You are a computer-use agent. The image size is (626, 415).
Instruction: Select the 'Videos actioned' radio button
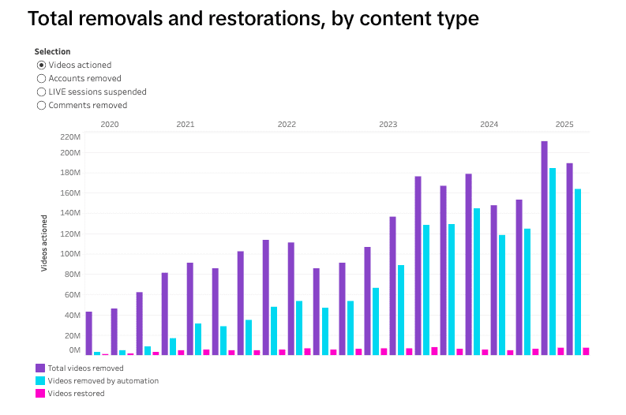[x=42, y=65]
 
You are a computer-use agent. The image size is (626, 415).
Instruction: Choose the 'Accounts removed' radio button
[x=42, y=79]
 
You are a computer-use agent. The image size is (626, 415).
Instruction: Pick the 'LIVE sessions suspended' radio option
[x=42, y=92]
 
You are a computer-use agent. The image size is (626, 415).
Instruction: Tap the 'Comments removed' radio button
[x=42, y=105]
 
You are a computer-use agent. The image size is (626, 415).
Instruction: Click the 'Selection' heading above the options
[x=52, y=52]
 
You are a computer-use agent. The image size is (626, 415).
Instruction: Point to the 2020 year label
[x=110, y=125]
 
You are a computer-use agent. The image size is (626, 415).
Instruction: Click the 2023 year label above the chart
[x=388, y=125]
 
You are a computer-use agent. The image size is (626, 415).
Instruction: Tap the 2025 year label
[x=564, y=125]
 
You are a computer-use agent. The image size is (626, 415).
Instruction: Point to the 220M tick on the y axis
[x=70, y=136]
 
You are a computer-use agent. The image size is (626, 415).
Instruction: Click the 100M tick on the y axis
[x=70, y=254]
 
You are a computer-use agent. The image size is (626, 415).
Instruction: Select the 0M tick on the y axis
[x=74, y=350]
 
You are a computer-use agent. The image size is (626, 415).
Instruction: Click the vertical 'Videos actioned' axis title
[x=45, y=243]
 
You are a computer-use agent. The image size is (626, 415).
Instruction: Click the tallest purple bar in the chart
[x=544, y=248]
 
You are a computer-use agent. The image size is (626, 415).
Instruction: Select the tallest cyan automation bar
[x=553, y=261]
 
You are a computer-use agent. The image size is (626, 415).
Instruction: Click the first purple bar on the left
[x=88, y=333]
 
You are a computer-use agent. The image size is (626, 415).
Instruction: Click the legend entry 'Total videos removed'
[x=85, y=368]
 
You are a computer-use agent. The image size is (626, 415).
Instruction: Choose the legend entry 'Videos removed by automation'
[x=103, y=380]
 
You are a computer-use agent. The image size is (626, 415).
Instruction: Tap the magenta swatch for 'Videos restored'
[x=40, y=393]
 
